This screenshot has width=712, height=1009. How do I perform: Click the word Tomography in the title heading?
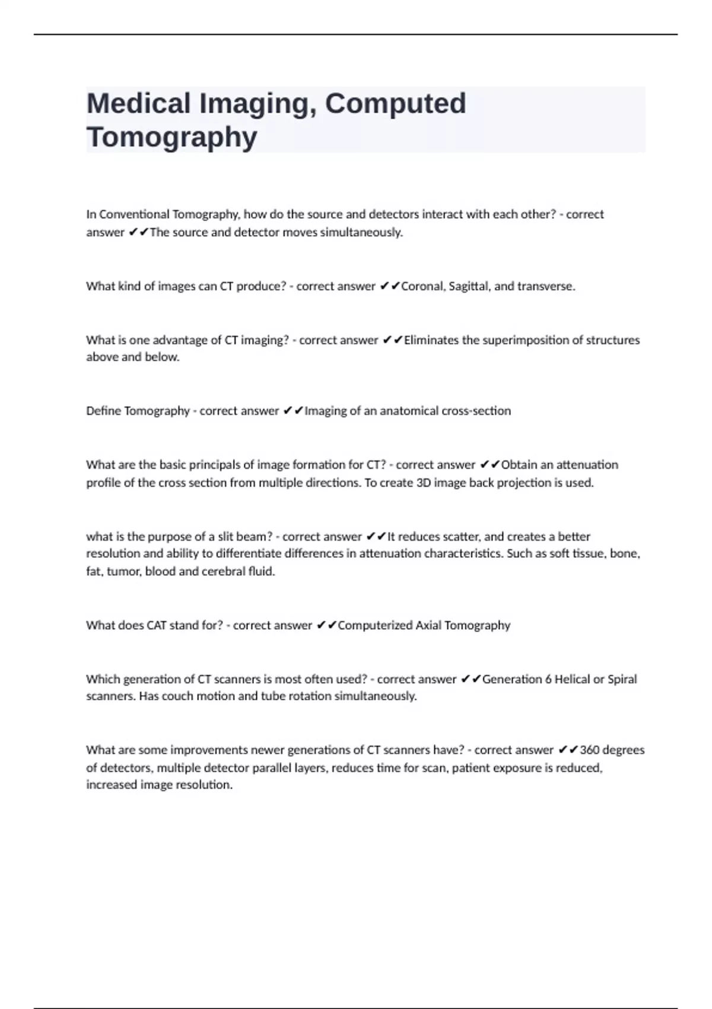(172, 137)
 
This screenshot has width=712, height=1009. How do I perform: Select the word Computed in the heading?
(395, 104)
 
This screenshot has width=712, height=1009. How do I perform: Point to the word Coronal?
(422, 286)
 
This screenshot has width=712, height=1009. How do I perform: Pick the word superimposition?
(526, 340)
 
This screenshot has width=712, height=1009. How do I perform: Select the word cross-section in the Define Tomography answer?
(476, 411)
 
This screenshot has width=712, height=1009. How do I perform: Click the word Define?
(104, 411)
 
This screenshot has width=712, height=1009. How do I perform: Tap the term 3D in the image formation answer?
(424, 483)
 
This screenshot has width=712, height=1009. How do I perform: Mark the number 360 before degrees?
(590, 750)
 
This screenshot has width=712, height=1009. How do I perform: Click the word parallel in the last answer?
(275, 768)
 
